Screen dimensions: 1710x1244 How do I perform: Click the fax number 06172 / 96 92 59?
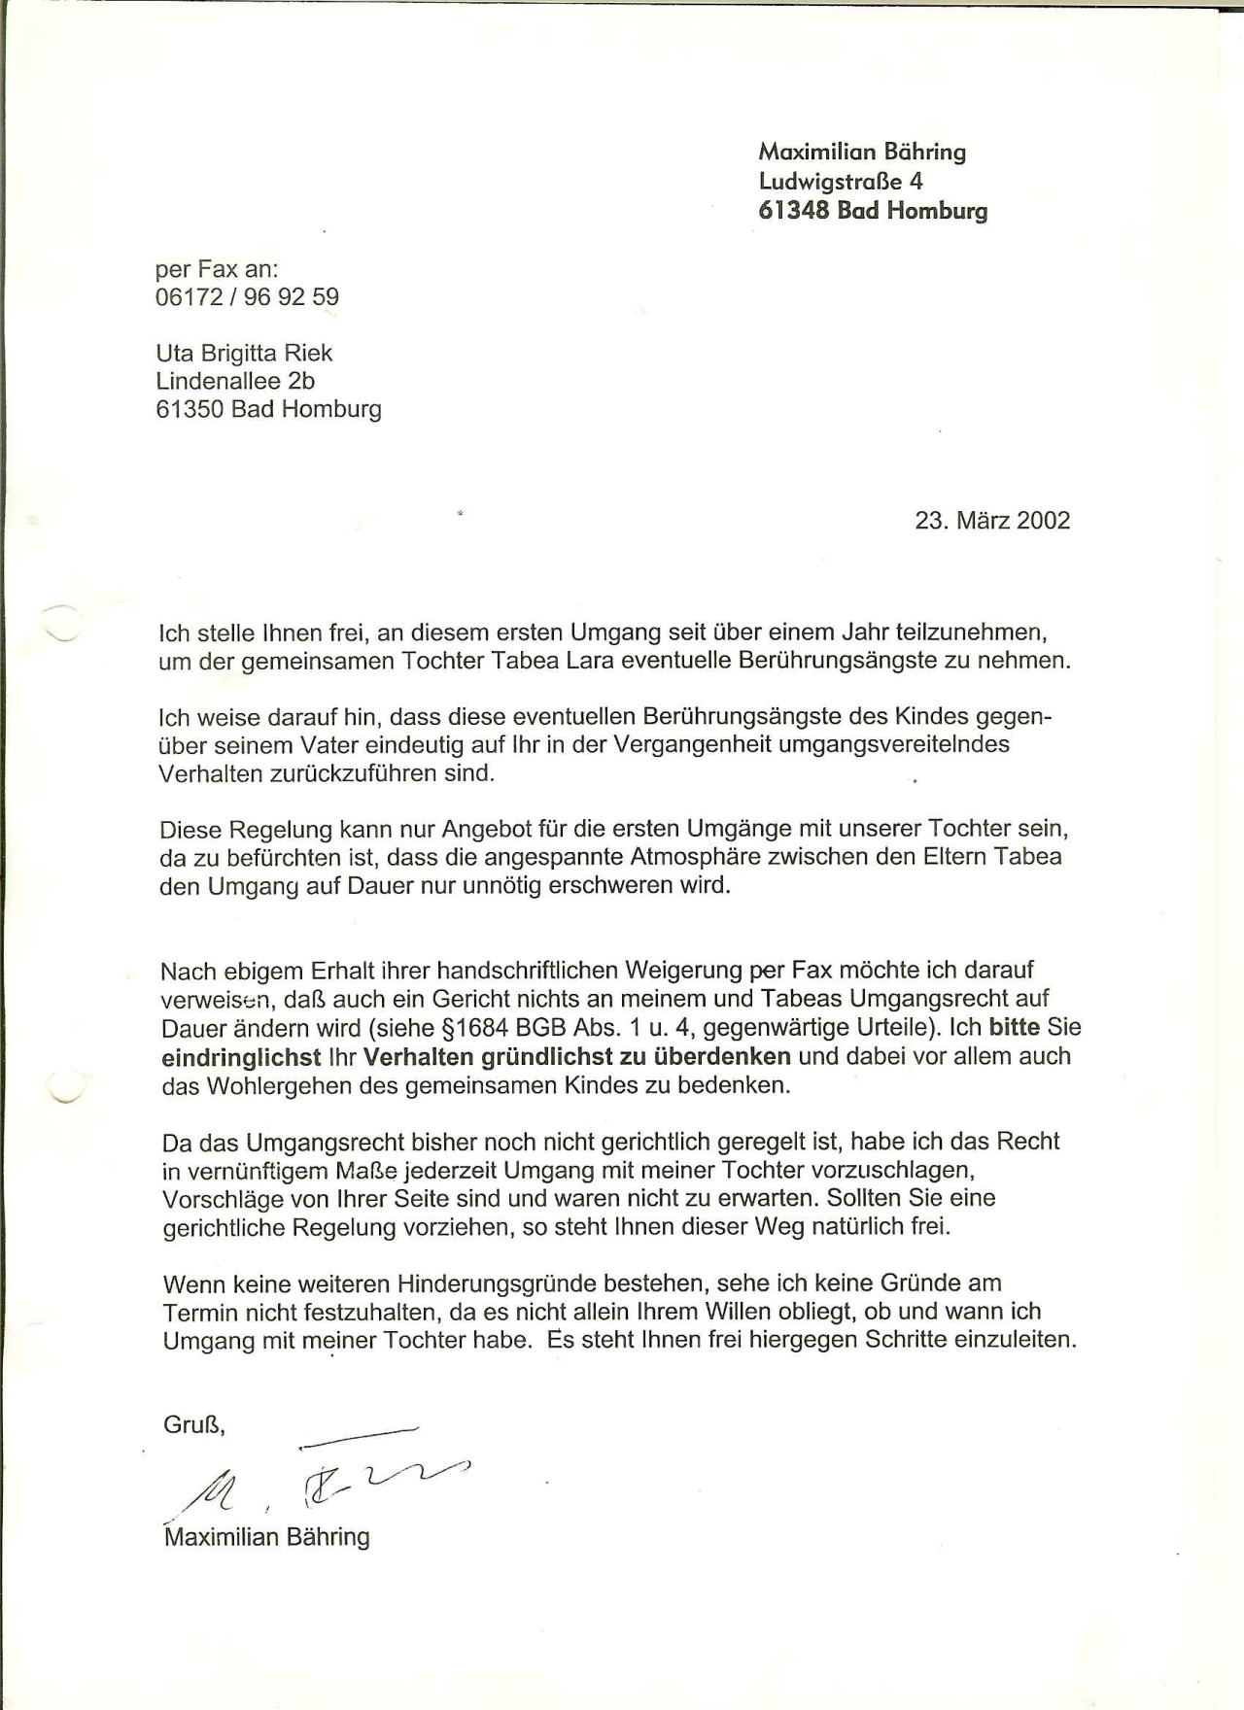247,297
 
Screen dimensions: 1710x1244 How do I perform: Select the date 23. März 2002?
992,521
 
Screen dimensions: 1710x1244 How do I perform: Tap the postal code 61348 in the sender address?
794,211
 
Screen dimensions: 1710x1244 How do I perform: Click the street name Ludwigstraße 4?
841,182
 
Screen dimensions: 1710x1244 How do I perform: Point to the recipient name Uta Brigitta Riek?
244,353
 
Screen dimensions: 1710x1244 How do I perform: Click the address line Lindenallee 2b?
235,381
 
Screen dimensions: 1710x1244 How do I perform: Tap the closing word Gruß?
193,1425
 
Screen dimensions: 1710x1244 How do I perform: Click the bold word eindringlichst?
242,1057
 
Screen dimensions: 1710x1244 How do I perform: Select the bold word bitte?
1015,1028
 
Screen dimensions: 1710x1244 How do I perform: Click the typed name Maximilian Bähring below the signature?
267,1537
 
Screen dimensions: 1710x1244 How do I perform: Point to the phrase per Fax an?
217,269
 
